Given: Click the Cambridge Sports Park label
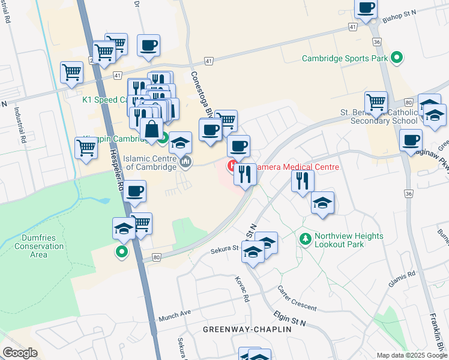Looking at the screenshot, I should [345, 59].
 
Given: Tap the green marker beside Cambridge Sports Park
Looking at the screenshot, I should [396, 58].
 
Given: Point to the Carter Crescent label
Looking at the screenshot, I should [297, 298].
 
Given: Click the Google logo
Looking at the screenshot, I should [20, 353].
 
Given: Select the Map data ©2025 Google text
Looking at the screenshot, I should [411, 355].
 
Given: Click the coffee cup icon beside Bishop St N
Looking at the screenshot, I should [366, 8].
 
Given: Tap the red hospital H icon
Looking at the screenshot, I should [231, 165].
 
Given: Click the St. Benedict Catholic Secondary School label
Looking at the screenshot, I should [379, 116].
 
